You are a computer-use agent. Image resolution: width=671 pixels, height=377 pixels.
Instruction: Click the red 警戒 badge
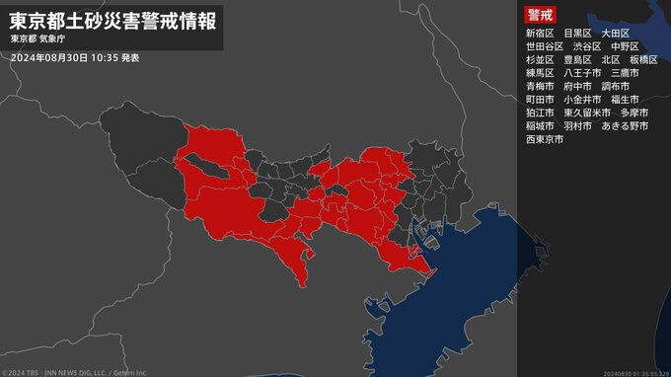point(541,16)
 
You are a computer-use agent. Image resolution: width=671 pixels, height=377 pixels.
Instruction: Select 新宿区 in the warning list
point(542,33)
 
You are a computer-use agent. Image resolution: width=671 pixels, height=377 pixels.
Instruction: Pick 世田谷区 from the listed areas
point(546,46)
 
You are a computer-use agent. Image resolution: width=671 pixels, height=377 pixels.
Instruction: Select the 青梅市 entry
point(542,86)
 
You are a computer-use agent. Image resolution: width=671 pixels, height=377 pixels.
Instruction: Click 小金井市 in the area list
point(582,100)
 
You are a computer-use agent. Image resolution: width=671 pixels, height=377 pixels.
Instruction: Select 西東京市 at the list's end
point(546,139)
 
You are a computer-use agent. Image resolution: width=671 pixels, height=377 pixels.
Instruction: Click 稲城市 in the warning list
point(542,126)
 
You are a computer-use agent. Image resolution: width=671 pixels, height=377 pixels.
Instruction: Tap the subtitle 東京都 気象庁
point(38,39)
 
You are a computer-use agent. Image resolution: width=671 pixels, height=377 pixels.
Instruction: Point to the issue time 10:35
point(102,58)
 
